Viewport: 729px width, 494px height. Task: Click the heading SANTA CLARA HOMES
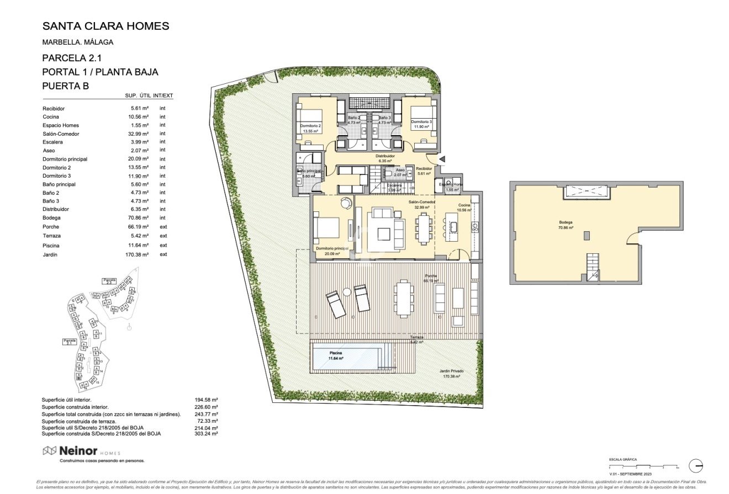pos(105,26)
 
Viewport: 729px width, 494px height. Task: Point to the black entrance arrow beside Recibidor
pos(442,160)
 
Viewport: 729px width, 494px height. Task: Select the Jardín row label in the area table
pos(50,255)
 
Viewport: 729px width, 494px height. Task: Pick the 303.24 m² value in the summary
pos(208,434)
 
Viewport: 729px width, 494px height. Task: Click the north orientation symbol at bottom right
pos(695,465)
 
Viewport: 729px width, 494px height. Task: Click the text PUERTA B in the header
pos(65,86)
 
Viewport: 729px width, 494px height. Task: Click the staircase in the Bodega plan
pos(592,266)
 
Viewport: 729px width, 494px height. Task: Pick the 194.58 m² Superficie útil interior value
pos(208,400)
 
